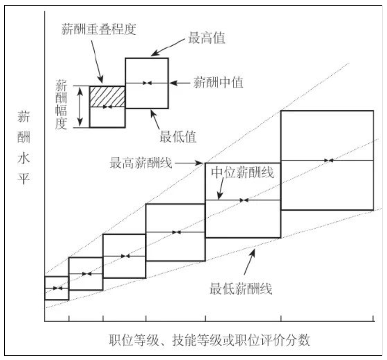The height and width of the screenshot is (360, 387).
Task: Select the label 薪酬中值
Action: click(218, 83)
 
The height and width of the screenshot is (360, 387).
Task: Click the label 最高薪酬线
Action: click(141, 163)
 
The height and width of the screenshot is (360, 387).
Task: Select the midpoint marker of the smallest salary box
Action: click(57, 288)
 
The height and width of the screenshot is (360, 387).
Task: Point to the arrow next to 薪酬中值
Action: click(180, 83)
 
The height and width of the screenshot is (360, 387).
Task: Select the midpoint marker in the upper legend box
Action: click(147, 83)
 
